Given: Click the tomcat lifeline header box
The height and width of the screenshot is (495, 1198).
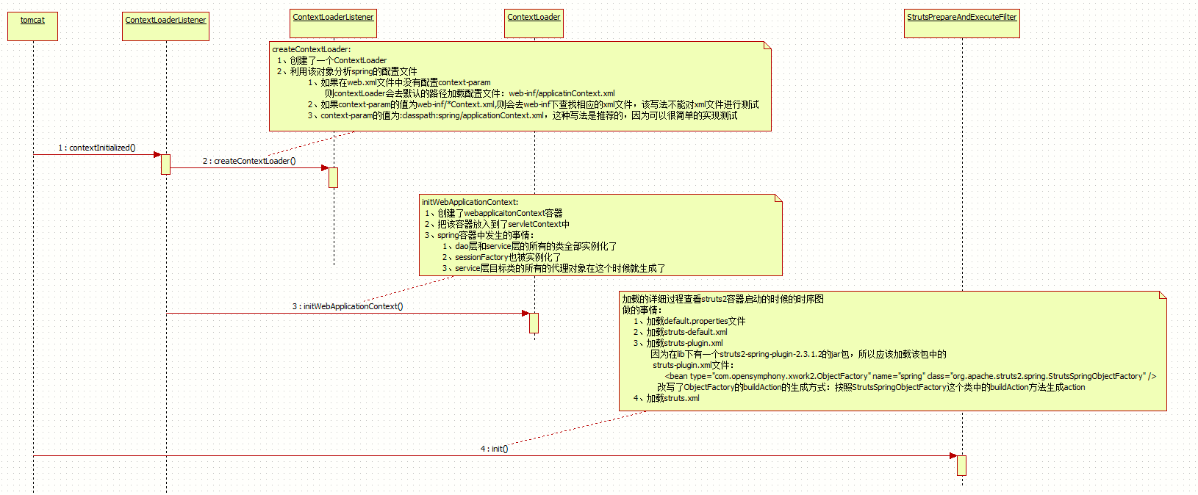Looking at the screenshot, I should coord(32,26).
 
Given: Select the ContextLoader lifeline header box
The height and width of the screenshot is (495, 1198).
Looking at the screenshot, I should coord(534,23).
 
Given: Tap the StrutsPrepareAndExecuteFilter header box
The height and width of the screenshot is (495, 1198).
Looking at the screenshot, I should coord(962,23).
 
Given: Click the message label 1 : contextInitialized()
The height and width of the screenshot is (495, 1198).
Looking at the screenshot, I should coord(97,148).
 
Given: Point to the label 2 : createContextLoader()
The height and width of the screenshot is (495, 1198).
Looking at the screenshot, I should coord(249,161).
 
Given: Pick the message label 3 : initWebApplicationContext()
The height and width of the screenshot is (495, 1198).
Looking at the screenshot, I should coord(348,306).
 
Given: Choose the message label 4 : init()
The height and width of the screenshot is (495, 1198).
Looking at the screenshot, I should coord(494,449).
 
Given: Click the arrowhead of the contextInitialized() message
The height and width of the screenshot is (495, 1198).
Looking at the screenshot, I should coord(157,154).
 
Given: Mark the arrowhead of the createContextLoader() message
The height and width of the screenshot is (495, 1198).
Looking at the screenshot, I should coord(325,167).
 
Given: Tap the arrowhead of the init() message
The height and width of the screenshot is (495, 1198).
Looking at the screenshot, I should coord(953,455).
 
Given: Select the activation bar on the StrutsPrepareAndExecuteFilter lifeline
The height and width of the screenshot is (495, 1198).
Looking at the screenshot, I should coord(961,465).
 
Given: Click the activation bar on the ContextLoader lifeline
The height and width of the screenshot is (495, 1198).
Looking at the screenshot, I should coord(534,322).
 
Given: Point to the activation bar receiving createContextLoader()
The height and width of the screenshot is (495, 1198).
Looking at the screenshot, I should coord(333,177).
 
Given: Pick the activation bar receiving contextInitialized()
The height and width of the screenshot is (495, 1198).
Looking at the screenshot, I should coord(165,164).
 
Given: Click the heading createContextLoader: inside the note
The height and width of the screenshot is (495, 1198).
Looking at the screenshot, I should coord(312,49).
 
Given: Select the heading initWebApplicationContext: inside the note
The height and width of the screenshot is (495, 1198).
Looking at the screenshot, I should coord(470,202).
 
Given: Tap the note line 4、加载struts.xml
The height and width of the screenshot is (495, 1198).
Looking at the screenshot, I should coord(667,398).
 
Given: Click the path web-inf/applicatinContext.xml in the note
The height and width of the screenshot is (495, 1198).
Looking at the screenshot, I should coord(562,93).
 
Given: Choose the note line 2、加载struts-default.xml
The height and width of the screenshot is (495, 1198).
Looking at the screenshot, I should coord(681,332).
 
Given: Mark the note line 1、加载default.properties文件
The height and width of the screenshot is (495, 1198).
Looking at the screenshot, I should coord(689,321).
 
